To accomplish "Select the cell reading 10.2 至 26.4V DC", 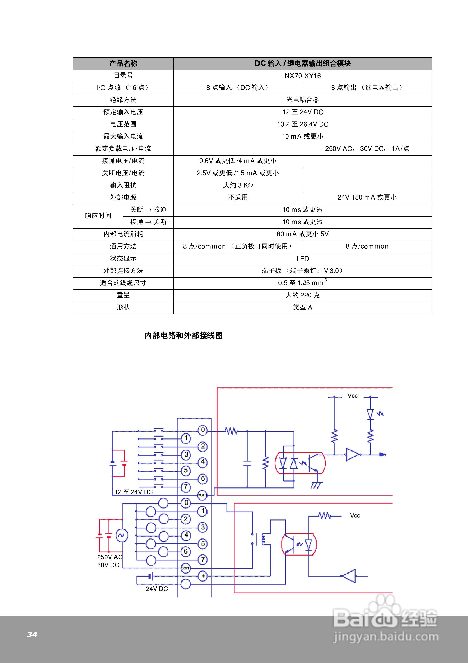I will [x=303, y=124].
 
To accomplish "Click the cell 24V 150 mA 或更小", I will [x=367, y=197].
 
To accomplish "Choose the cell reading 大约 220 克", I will [x=302, y=295].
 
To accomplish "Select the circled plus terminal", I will [x=203, y=576].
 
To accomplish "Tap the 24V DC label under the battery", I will [x=157, y=589].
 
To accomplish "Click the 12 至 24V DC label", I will [x=134, y=492].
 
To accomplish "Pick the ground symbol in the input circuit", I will [x=317, y=485].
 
